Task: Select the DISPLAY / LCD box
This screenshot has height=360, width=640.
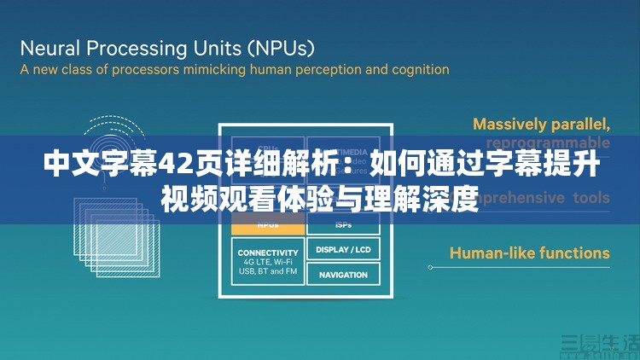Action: [x=343, y=250]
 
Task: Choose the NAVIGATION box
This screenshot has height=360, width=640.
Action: [x=343, y=275]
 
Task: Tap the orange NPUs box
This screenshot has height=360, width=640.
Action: [x=267, y=226]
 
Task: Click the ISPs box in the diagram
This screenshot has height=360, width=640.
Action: [x=343, y=226]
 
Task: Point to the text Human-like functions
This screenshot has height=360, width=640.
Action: [x=529, y=253]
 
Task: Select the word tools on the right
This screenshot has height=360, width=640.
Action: [x=591, y=198]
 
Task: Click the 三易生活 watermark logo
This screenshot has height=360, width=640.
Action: [x=599, y=344]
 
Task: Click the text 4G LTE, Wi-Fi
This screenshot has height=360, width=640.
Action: [x=267, y=263]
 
